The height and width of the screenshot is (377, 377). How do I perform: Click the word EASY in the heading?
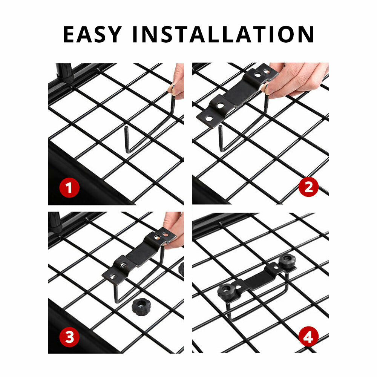pos(92,34)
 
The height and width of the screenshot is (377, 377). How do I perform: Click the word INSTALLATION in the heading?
pos(223,34)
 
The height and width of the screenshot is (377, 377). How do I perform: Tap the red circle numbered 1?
pos(69,188)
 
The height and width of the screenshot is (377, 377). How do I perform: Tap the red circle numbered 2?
pos(308,187)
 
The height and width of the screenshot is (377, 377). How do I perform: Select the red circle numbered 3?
pos(69,337)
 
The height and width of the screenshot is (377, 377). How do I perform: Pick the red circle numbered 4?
pos(308,336)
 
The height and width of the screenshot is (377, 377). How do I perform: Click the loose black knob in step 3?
pos(140,307)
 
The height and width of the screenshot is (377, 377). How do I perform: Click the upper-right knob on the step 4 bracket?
pos(287,261)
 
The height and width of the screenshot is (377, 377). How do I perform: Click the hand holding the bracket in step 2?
pos(296,79)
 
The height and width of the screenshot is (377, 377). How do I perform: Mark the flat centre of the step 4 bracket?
pos(260,279)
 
